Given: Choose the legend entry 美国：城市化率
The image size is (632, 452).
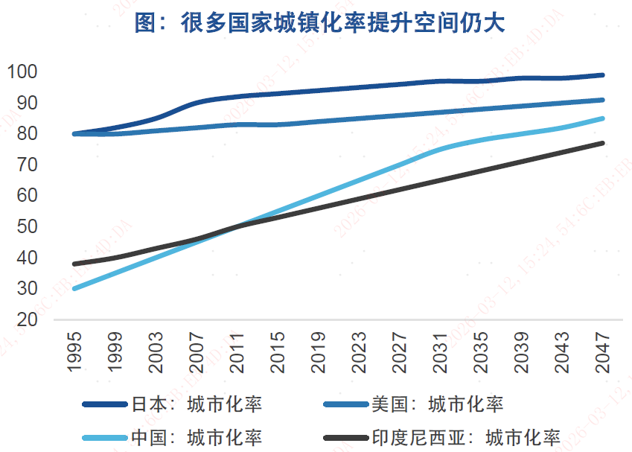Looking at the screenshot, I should [437, 405].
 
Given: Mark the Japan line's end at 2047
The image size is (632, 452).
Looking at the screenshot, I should [602, 75].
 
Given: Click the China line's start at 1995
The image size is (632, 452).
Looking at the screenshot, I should [74, 288].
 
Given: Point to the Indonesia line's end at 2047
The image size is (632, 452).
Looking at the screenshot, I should [602, 143].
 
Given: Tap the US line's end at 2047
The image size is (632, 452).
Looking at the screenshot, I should [602, 100].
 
